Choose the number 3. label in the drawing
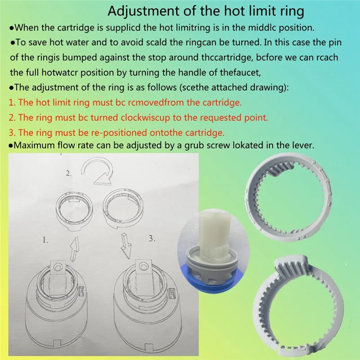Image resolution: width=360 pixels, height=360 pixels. tap(152, 238)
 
